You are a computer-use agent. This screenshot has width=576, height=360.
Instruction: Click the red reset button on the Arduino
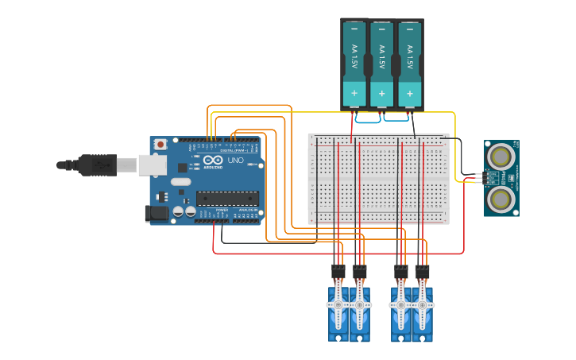160,145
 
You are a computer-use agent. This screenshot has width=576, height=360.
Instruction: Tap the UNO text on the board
236,161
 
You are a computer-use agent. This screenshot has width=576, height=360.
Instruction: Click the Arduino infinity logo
212,159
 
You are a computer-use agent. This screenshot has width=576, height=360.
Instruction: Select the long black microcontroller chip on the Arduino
227,198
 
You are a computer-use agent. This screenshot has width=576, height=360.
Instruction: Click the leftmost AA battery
354,64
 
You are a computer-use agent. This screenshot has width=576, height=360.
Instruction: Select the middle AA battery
382,64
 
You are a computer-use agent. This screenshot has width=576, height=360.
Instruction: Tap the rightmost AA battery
409,64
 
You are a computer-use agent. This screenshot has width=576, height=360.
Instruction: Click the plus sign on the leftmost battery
354,94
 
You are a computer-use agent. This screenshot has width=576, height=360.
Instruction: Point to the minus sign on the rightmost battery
409,30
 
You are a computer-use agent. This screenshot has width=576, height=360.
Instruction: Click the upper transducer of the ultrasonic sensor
501,154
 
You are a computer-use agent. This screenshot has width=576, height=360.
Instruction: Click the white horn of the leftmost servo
338,304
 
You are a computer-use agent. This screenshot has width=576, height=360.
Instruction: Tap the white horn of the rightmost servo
422,304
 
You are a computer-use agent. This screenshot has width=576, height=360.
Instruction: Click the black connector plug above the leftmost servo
338,271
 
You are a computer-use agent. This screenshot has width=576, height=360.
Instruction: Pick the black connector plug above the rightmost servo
422,271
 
